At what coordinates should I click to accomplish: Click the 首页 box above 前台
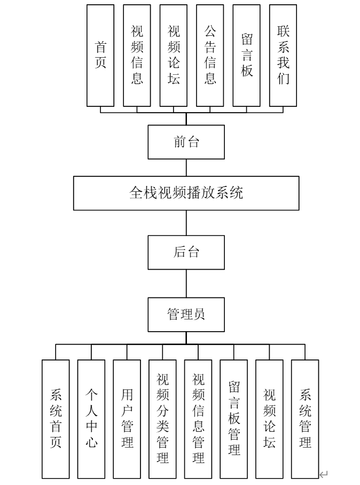(x=100, y=56)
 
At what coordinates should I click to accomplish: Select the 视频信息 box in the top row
(x=137, y=56)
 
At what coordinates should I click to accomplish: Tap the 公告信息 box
(x=210, y=56)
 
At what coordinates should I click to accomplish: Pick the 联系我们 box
(x=283, y=56)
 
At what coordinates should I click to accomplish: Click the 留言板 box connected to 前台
(x=246, y=56)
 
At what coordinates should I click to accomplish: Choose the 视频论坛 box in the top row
(x=173, y=56)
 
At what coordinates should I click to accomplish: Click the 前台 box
(x=186, y=142)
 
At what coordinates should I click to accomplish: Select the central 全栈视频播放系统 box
(x=186, y=193)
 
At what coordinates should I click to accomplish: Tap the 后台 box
(x=186, y=252)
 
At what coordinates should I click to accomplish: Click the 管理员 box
(x=186, y=314)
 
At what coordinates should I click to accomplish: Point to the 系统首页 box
(x=56, y=419)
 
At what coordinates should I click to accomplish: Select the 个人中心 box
(x=91, y=419)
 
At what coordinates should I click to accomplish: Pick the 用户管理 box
(x=127, y=419)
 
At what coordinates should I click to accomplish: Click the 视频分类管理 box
(x=162, y=419)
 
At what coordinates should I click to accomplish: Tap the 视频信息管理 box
(x=198, y=419)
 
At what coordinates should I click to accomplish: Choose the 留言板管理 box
(x=233, y=419)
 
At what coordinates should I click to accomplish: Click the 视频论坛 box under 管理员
(x=269, y=419)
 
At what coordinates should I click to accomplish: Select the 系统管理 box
(x=305, y=419)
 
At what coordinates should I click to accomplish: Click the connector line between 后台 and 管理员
(x=186, y=283)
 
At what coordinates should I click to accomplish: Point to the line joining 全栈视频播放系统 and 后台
(x=186, y=223)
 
